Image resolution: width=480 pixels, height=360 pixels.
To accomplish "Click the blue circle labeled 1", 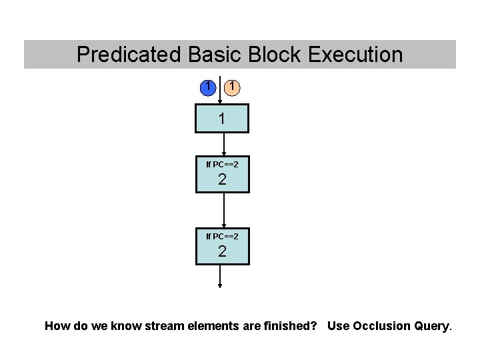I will click(209, 87).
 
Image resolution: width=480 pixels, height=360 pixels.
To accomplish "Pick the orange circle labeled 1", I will click(231, 87).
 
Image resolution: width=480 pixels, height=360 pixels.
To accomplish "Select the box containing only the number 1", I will click(222, 119).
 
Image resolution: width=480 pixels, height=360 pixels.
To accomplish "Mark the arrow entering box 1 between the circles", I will click(220, 93).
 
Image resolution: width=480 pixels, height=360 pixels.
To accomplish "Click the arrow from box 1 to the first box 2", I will click(224, 144).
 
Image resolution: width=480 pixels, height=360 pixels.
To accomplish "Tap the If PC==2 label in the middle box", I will click(222, 164).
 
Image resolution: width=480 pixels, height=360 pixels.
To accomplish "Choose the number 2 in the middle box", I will click(222, 179).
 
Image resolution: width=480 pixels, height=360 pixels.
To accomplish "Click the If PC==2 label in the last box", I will click(222, 236).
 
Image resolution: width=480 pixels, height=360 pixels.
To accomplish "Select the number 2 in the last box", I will click(222, 251).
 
